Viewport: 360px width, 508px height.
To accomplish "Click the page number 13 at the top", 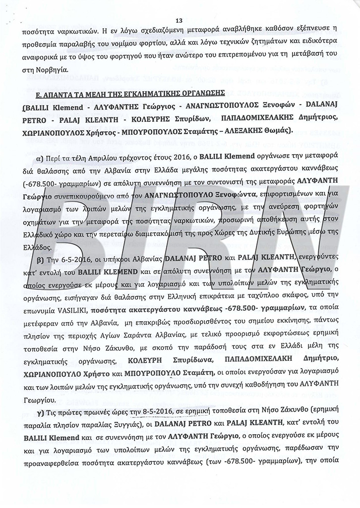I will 180,20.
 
